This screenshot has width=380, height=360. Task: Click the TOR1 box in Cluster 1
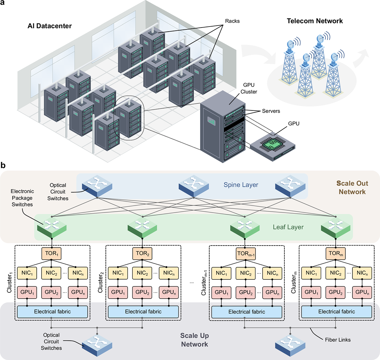(x=51, y=253)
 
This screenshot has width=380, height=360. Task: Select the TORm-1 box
(x=246, y=253)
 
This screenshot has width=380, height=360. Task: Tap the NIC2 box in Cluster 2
(x=142, y=273)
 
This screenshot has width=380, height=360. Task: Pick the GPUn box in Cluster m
(x=362, y=292)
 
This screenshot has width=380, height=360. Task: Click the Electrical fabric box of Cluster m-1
(x=247, y=312)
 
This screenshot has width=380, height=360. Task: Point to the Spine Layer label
(x=241, y=185)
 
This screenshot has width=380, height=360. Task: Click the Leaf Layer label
(x=288, y=227)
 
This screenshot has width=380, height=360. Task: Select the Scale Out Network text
(x=352, y=188)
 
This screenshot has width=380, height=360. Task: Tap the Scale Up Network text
(x=194, y=340)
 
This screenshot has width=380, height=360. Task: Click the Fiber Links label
(x=338, y=340)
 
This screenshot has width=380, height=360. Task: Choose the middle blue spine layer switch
(x=194, y=184)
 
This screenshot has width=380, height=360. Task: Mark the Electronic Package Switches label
(x=22, y=198)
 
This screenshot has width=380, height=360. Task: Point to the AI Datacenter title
(x=50, y=26)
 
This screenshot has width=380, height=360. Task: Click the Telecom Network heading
(x=315, y=21)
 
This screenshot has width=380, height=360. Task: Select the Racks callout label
(x=232, y=21)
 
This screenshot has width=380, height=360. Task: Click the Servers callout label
(x=271, y=111)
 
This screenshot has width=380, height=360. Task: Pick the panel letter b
(x=3, y=165)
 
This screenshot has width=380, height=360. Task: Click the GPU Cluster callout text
(x=249, y=88)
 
